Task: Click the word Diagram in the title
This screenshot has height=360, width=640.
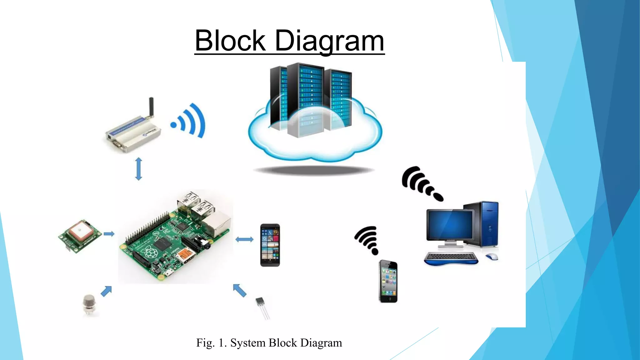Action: (329, 41)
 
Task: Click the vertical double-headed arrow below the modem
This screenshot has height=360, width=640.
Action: (138, 169)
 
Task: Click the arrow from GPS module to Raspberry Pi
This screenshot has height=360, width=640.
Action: (109, 234)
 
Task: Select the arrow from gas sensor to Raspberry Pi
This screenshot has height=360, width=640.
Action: (106, 291)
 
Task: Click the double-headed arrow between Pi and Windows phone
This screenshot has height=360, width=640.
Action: (244, 240)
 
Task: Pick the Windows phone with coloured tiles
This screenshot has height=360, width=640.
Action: (270, 245)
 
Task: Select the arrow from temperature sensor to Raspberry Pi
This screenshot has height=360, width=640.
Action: (240, 290)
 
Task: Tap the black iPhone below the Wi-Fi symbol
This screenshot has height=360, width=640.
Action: (388, 281)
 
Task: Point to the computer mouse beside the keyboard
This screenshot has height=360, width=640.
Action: (492, 257)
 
